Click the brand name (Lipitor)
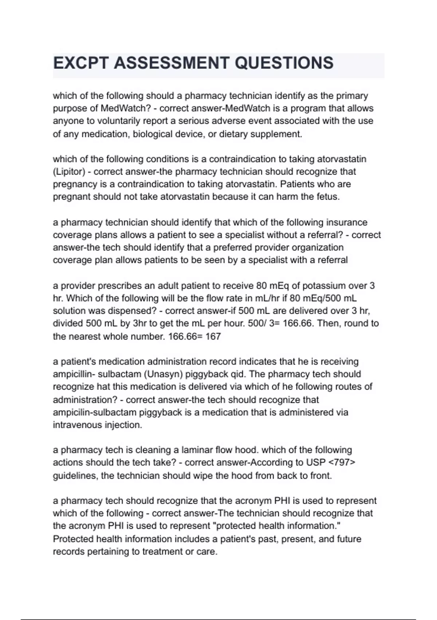[69, 172]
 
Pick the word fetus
[328, 197]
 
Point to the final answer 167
[213, 336]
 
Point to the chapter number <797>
[342, 463]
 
